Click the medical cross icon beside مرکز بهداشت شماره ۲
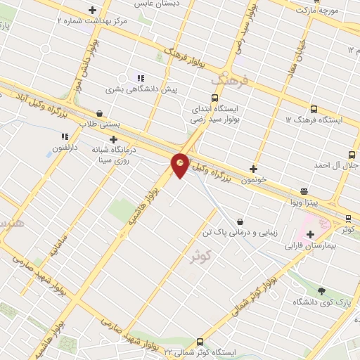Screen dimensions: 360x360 coord(93,10)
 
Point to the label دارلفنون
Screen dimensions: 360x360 coord(65,149)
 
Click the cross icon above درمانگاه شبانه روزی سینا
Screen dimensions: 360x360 coord(113,139)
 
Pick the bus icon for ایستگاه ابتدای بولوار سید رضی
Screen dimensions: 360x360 coord(214,98)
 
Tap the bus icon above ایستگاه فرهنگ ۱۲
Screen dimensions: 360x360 coord(314,109)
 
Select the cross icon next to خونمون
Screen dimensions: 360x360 coord(254,169)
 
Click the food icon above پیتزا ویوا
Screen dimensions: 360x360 coord(304,191)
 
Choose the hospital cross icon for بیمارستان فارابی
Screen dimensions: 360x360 coord(310,234)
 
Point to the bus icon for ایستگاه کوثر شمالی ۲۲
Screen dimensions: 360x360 coord(200,341)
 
